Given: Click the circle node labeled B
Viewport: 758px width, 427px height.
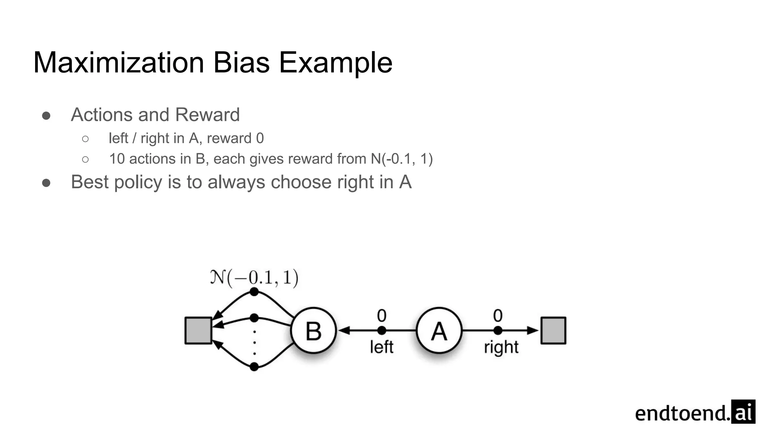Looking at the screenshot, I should [313, 331].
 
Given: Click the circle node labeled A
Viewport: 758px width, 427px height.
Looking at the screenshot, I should [439, 331].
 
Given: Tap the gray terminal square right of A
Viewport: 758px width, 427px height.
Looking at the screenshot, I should [553, 331].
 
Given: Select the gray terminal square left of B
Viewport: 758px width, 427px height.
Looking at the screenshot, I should [198, 331].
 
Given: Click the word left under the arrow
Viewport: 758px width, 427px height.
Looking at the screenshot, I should [382, 347].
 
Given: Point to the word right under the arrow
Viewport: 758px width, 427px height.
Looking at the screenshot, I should [501, 348].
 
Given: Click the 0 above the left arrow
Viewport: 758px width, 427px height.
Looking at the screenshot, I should [382, 316].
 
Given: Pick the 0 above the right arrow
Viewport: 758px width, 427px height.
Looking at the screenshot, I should [498, 316].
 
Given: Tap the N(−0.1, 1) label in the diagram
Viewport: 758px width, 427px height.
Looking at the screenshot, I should [254, 278].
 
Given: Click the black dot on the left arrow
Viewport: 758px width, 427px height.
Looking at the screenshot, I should [382, 330].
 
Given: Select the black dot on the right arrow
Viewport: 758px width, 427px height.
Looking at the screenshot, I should [498, 330].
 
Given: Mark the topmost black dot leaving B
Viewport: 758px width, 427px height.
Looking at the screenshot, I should [254, 292].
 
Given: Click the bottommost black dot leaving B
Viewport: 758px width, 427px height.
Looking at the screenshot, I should [254, 367].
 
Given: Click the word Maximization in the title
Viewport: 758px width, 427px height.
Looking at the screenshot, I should [119, 62].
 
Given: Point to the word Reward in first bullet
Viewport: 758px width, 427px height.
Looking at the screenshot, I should [207, 115].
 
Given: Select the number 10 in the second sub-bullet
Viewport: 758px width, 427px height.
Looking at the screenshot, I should [117, 159].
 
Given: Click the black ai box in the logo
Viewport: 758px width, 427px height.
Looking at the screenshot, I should [743, 412].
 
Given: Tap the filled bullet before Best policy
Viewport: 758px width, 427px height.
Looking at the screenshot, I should [46, 183].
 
